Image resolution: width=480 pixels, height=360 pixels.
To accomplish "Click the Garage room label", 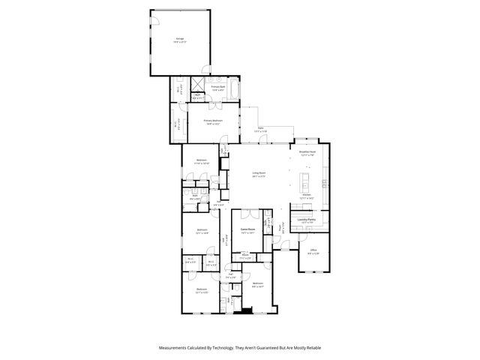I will (x=181, y=38).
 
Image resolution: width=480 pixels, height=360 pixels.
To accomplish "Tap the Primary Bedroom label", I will (x=212, y=121).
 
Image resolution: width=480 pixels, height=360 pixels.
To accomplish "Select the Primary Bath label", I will (x=217, y=88).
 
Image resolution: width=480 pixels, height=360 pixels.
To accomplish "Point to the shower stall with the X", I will (x=199, y=85).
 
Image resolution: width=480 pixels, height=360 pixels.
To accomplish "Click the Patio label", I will (x=260, y=130).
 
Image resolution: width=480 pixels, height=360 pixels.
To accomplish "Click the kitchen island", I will (x=305, y=182).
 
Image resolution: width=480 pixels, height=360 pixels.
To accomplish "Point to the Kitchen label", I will (x=306, y=194).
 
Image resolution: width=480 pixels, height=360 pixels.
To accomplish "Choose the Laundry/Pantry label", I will (x=306, y=220).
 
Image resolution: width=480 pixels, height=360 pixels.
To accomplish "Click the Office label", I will (x=313, y=251).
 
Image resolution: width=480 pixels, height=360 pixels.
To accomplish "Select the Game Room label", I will (x=244, y=229).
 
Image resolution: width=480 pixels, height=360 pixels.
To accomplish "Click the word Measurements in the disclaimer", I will (x=175, y=348).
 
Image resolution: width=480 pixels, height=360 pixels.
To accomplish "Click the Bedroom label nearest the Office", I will (x=257, y=283).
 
